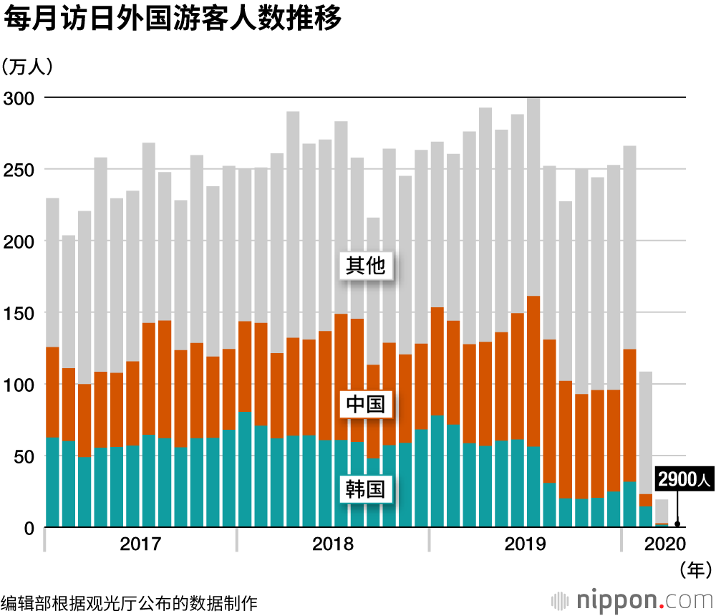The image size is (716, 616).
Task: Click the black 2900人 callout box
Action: (684, 480)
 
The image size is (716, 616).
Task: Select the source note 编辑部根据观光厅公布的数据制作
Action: (129, 602)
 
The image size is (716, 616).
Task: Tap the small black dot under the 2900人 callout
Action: (677, 524)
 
